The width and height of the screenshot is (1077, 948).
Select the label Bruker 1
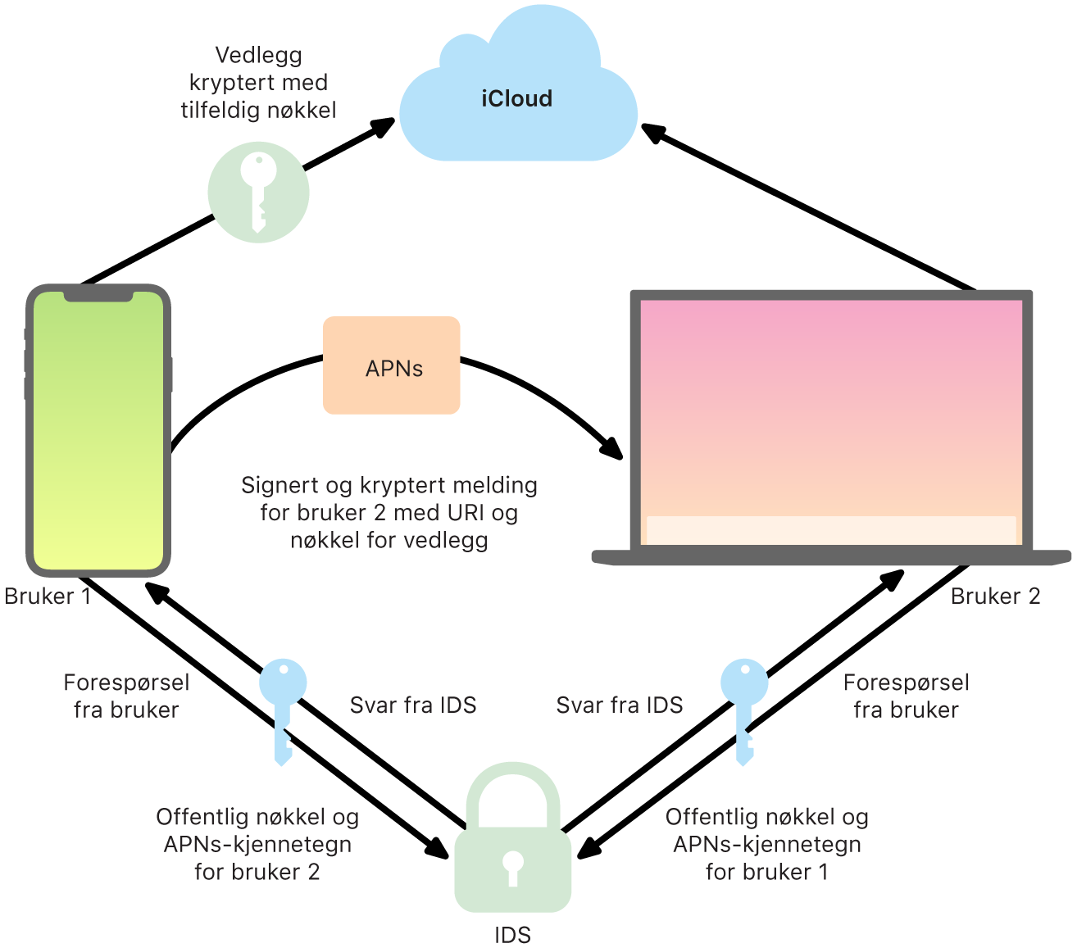point(48,596)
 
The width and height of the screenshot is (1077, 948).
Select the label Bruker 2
point(995,596)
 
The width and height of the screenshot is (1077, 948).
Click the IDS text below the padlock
point(512,935)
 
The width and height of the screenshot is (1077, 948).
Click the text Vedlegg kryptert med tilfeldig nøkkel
point(258,83)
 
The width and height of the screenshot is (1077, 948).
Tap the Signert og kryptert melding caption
point(389,513)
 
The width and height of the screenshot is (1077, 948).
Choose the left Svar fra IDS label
point(413,705)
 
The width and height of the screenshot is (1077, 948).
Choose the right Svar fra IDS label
point(620,705)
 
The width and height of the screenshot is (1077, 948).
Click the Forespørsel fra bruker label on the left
point(126,696)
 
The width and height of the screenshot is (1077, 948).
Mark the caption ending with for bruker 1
point(766,844)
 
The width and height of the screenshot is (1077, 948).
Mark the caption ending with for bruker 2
point(257,844)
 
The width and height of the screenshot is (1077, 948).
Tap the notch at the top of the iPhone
point(98,294)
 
